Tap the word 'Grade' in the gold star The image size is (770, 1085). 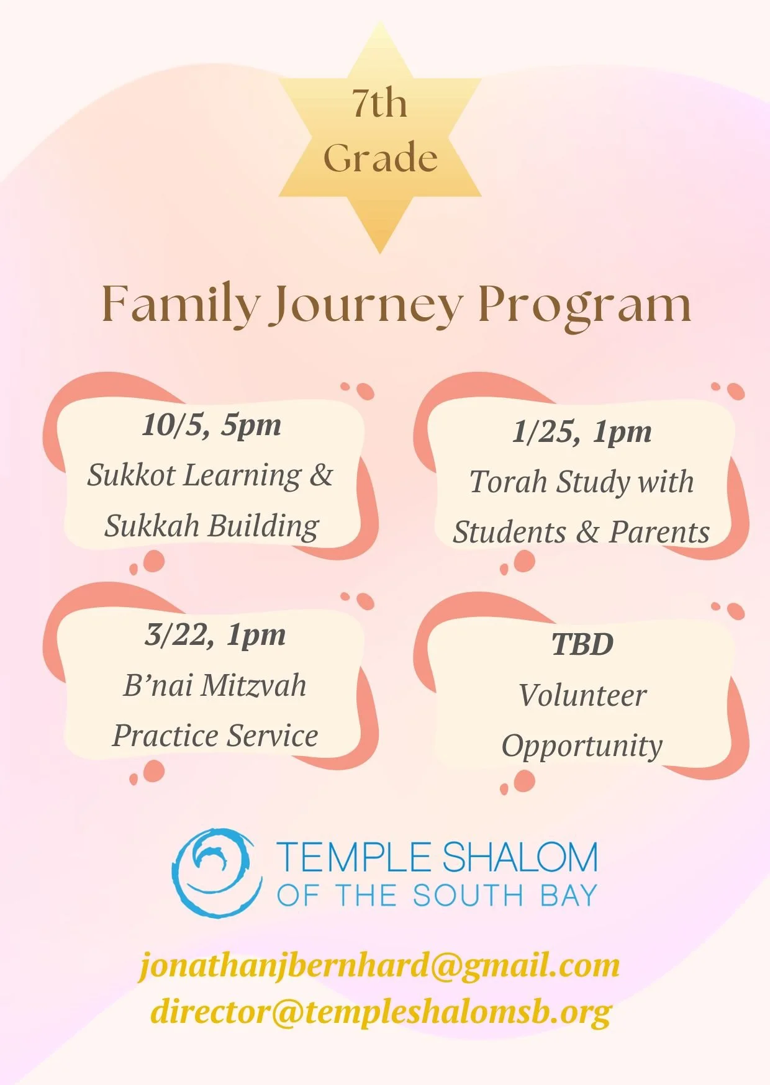tap(380, 158)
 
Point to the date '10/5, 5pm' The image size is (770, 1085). tap(212, 426)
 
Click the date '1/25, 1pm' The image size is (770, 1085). tap(582, 433)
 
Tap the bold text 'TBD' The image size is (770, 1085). tap(582, 644)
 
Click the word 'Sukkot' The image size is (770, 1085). tap(131, 475)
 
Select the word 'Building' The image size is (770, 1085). tap(263, 526)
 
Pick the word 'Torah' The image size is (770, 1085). tap(508, 482)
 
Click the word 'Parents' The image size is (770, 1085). tap(659, 533)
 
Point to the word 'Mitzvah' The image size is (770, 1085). tap(253, 686)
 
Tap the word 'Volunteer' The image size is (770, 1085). tap(582, 695)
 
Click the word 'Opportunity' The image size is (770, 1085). tap(582, 747)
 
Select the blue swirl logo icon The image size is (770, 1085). tap(217, 873)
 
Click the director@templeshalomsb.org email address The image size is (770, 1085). tap(381, 1013)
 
